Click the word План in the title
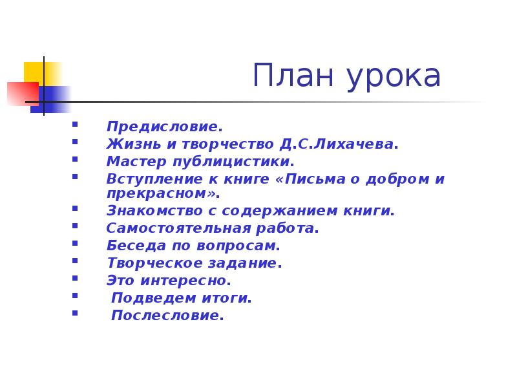291,76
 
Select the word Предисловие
164,126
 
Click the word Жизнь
132,144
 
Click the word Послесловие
167,316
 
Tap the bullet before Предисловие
76,124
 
